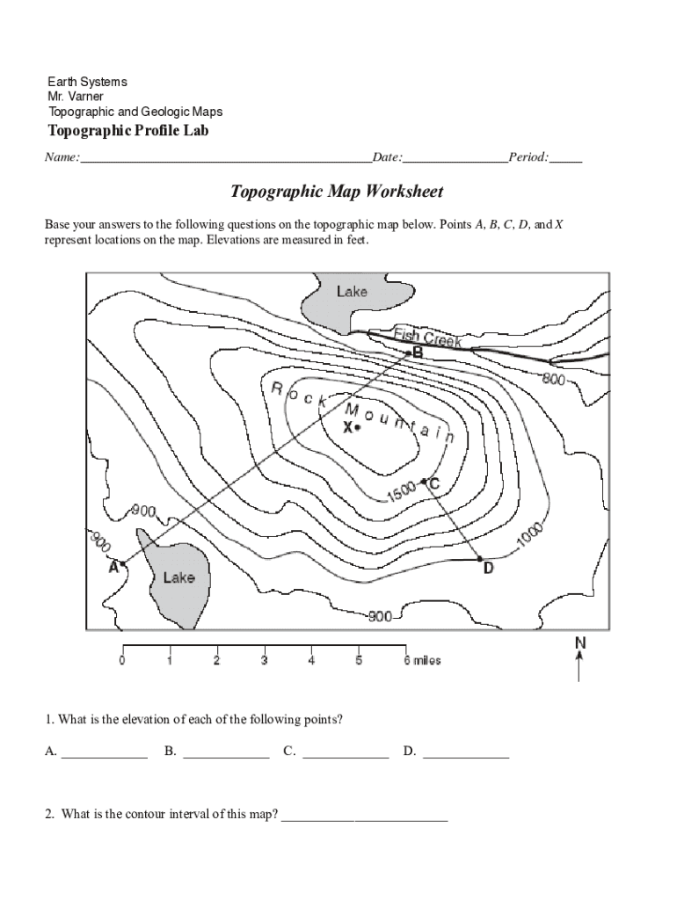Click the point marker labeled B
click(407, 353)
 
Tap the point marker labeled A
click(122, 563)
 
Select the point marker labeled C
click(424, 481)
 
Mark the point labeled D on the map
click(479, 558)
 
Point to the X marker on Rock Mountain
click(356, 428)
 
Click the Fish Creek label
click(427, 337)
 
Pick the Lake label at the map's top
click(352, 291)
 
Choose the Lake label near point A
click(178, 577)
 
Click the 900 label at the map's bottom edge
click(380, 617)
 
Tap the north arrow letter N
click(579, 643)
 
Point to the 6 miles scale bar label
click(422, 660)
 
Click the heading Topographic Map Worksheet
click(337, 192)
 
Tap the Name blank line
click(225, 158)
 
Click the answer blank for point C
click(345, 751)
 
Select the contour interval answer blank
click(364, 815)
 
